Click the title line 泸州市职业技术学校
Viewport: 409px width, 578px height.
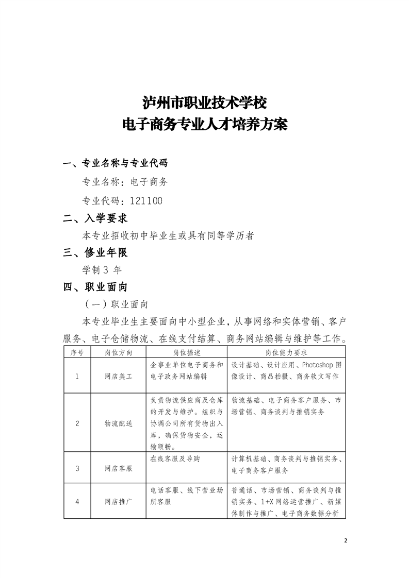(x=204, y=102)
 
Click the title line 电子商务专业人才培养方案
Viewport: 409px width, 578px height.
(x=204, y=125)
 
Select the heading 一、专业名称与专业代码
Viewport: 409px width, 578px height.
(x=114, y=164)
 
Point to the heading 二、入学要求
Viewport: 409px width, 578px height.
(x=95, y=218)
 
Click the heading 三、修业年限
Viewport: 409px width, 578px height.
(x=95, y=252)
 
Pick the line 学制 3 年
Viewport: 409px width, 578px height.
(x=102, y=269)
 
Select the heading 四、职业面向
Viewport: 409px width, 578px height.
(x=95, y=287)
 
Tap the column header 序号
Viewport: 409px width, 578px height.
(x=77, y=353)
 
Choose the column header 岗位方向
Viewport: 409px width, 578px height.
(x=118, y=353)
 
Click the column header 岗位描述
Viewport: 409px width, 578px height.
(x=186, y=353)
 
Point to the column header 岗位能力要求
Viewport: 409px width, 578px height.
(x=286, y=353)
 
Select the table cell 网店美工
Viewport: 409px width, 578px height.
(x=118, y=377)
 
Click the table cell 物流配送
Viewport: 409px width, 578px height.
(x=118, y=423)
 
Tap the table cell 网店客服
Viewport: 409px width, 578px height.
(x=118, y=469)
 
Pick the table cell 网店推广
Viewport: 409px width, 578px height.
(x=118, y=501)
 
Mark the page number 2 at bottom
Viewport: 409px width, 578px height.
(x=346, y=541)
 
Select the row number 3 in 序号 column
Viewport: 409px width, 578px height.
(x=77, y=469)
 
